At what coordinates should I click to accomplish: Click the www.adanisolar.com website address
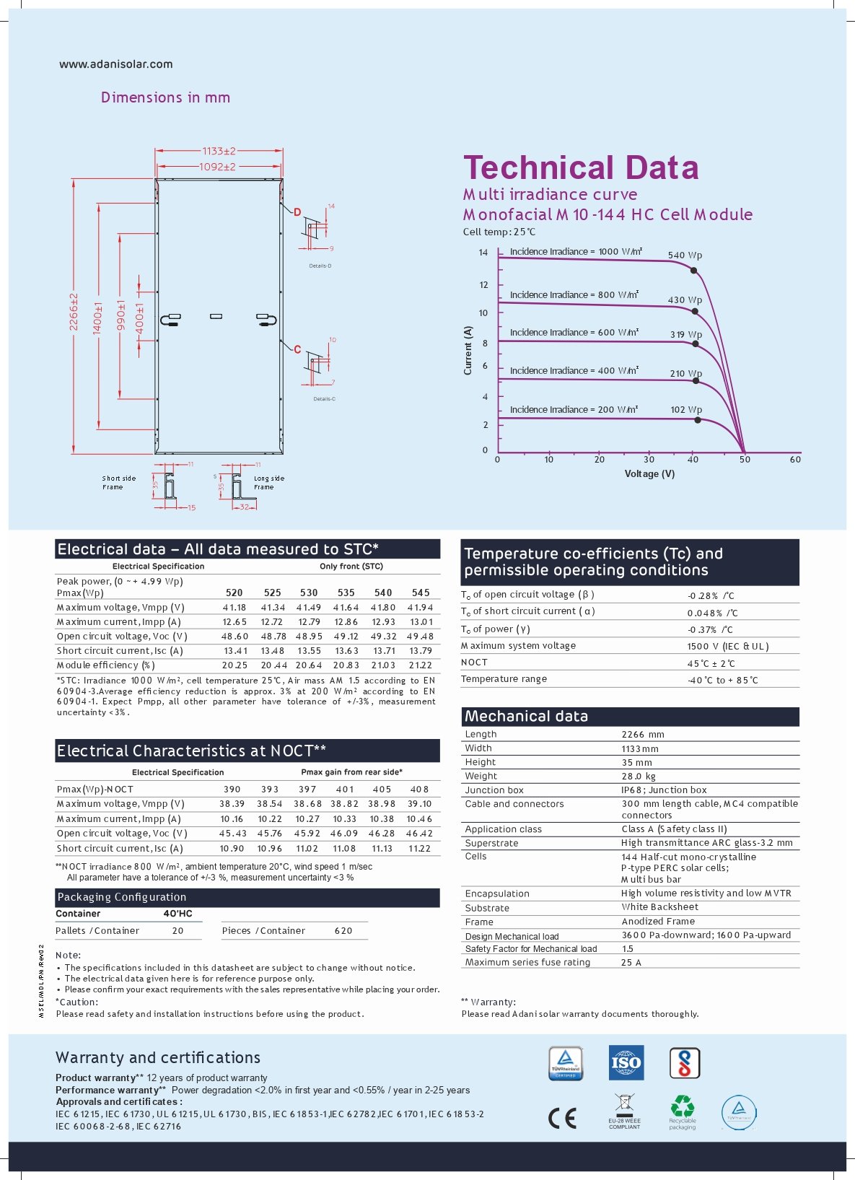[x=115, y=64]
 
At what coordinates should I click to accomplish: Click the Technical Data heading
[x=581, y=167]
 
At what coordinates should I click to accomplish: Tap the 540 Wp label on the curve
[x=684, y=255]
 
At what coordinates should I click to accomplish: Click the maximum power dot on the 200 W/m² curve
[x=697, y=419]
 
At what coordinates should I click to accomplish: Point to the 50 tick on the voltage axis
[x=745, y=460]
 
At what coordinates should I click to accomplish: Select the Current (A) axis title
[x=468, y=350]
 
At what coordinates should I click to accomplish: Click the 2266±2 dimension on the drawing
[x=74, y=312]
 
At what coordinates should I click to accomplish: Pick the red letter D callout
[x=297, y=212]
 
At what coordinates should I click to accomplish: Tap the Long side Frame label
[x=268, y=482]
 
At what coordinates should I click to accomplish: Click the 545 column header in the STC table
[x=421, y=593]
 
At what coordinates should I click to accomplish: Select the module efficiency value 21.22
[x=420, y=665]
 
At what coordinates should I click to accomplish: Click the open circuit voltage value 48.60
[x=234, y=637]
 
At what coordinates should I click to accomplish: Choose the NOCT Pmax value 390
[x=232, y=790]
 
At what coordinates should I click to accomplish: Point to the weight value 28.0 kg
[x=639, y=777]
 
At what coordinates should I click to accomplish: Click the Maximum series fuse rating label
[x=527, y=962]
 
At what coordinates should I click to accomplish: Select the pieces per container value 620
[x=343, y=931]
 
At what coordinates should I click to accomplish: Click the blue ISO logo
[x=626, y=1062]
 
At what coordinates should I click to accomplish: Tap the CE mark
[x=562, y=1118]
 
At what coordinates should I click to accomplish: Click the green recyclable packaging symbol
[x=682, y=1106]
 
